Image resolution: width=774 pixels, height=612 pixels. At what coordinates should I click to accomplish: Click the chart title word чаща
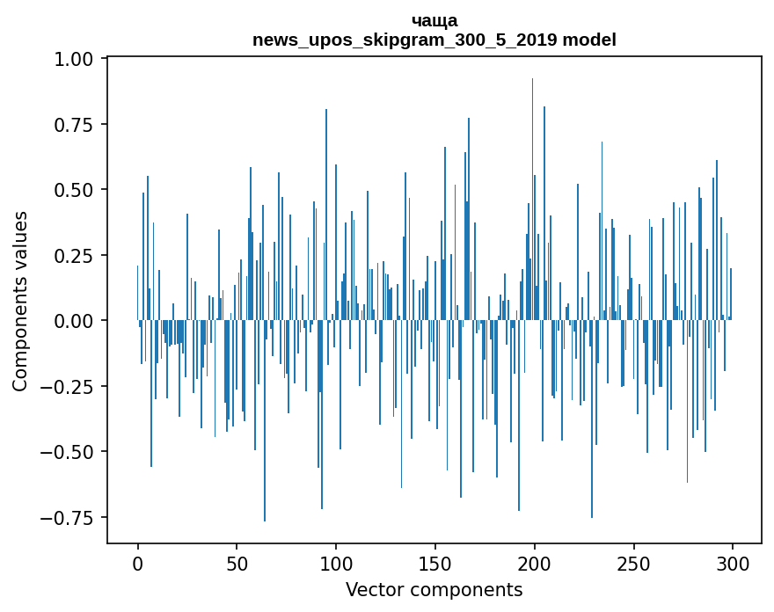click(434, 20)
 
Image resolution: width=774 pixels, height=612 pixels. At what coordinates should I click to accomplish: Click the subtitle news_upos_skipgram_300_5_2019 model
click(434, 40)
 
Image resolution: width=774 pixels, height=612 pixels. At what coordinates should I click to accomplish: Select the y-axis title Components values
click(20, 301)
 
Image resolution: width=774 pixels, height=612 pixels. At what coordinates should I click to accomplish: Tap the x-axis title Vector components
click(434, 590)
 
